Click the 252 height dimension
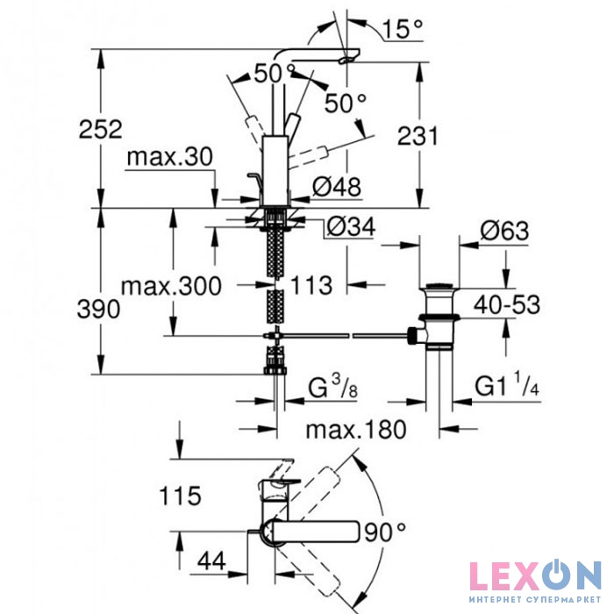[101, 129]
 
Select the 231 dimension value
[418, 137]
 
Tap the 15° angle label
[402, 29]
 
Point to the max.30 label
[170, 157]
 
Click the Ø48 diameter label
[337, 187]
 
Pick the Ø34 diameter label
[351, 227]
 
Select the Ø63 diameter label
[504, 231]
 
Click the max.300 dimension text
[171, 286]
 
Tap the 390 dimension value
[98, 310]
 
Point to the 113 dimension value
[311, 285]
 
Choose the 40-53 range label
[507, 304]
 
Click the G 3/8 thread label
[332, 387]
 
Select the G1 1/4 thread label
[507, 384]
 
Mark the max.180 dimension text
[356, 430]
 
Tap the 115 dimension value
[180, 496]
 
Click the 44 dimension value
[211, 561]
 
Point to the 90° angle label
[385, 532]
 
